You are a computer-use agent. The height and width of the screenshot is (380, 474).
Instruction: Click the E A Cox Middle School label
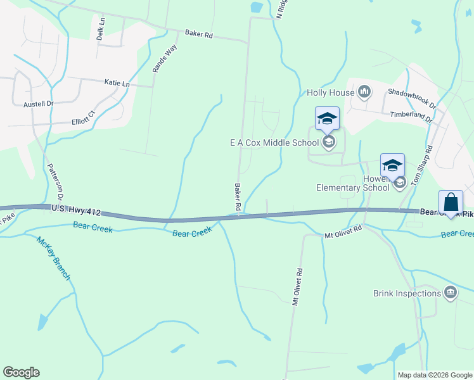274,142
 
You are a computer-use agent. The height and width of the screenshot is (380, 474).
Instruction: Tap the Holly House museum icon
364,92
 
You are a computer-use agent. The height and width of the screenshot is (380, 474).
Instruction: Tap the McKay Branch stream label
53,258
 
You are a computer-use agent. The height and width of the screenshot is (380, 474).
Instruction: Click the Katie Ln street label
117,84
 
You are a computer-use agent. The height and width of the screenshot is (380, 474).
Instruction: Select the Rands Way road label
164,58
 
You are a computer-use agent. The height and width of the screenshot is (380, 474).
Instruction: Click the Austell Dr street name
39,103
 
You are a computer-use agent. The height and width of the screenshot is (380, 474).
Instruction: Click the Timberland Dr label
411,116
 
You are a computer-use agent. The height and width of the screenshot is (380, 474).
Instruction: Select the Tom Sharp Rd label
421,165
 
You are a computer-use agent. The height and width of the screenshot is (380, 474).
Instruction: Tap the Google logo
21,372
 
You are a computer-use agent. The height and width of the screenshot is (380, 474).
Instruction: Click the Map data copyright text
435,375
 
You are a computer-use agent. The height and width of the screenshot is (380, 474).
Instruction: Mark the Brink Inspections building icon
451,293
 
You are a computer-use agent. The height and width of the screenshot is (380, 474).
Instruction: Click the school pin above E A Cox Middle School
327,118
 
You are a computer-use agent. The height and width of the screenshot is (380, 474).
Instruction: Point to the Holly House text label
330,92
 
